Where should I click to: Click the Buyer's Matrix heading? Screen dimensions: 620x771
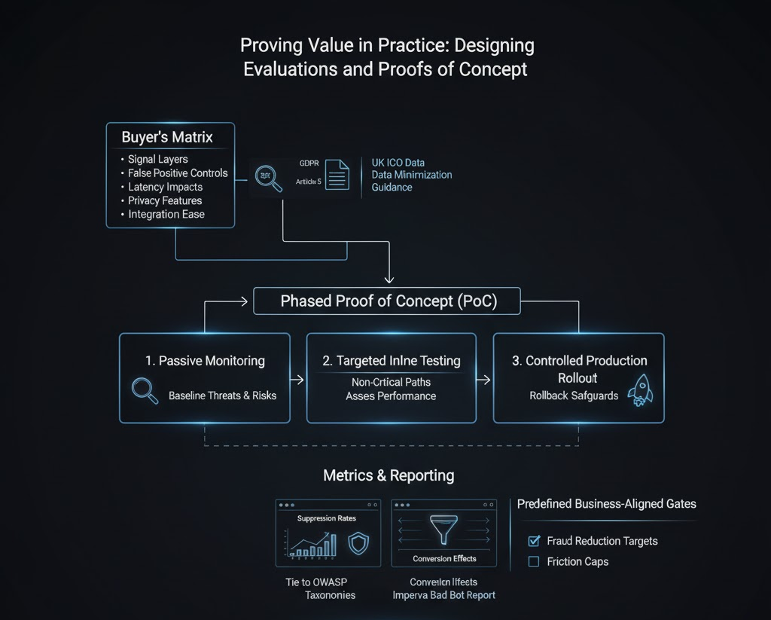click(x=167, y=138)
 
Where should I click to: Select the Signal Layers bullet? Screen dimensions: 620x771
click(x=158, y=159)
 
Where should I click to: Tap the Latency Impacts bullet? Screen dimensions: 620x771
click(x=165, y=187)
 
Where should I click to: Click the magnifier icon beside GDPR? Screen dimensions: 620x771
click(x=269, y=178)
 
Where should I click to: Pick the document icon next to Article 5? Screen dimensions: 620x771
click(x=337, y=174)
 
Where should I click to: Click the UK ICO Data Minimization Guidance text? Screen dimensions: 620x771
click(x=411, y=175)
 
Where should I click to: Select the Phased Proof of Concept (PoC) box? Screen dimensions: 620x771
click(x=389, y=301)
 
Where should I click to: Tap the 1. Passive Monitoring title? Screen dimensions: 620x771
click(x=204, y=361)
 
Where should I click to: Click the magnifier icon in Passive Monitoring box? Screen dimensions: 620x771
click(x=143, y=390)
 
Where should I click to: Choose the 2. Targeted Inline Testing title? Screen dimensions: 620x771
click(x=392, y=361)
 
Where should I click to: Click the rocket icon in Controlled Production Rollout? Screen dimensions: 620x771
click(x=638, y=390)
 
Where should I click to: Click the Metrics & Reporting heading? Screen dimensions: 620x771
click(x=389, y=475)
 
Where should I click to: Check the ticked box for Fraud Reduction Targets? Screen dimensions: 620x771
click(x=534, y=541)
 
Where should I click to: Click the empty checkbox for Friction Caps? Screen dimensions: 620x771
click(x=534, y=561)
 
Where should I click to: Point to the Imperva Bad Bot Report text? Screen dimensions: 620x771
click(x=444, y=595)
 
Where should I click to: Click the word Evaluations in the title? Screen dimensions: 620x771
click(x=290, y=69)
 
